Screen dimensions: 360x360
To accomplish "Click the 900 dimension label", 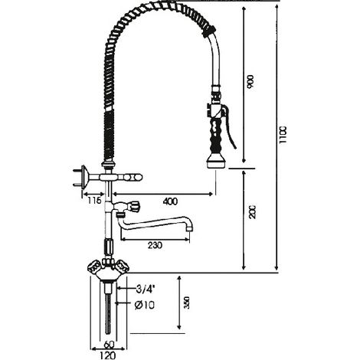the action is tap(251, 81).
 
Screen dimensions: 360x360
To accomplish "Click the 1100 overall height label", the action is tap(283, 135).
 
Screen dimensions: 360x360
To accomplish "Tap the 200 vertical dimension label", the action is tap(252, 211).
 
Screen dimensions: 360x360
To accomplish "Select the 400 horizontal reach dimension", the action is tap(170, 201).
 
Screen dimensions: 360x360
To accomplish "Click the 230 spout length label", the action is tap(155, 245).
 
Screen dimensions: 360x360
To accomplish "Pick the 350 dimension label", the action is tap(187, 303).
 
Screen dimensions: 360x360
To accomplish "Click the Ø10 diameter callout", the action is tap(144, 305).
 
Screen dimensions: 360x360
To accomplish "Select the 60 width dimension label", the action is tap(109, 345).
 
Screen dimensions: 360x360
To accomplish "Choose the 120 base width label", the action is tap(108, 355).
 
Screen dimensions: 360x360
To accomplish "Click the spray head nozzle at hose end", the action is tap(216, 162).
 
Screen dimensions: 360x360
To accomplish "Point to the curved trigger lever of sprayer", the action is tap(231, 128).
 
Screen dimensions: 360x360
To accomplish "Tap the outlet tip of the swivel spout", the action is tap(188, 229).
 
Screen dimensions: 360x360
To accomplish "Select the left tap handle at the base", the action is tap(93, 267).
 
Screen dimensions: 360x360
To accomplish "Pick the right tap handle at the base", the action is tap(123, 267).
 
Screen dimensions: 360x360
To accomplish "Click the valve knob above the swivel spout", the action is tap(133, 206).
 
